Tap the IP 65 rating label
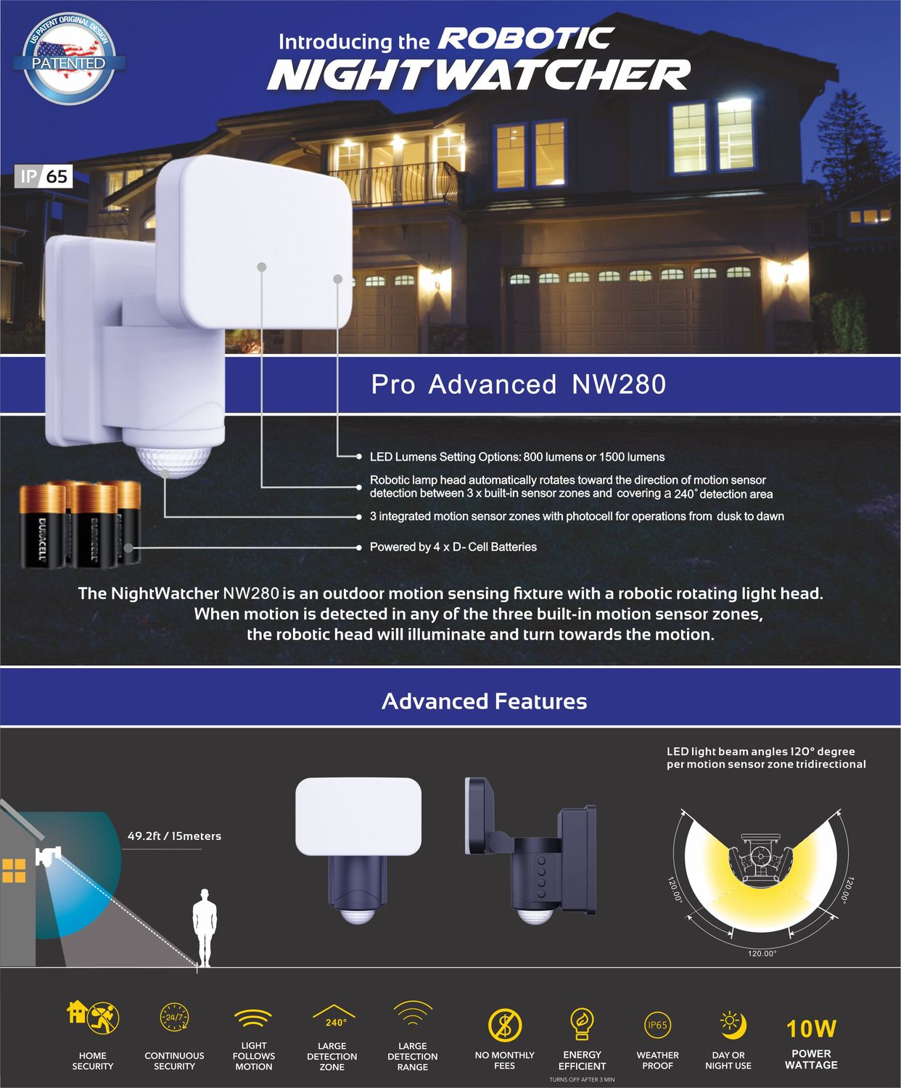44,176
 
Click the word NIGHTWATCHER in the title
479,75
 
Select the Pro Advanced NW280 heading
518,384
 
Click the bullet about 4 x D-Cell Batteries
453,547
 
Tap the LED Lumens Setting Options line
517,457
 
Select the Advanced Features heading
484,701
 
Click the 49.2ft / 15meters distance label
174,836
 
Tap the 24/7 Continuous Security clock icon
174,1018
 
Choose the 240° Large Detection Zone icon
333,1017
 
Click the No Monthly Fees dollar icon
505,1025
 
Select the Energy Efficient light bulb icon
581,1023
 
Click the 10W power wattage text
811,1029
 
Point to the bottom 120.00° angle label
762,954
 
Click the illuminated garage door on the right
631,305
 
